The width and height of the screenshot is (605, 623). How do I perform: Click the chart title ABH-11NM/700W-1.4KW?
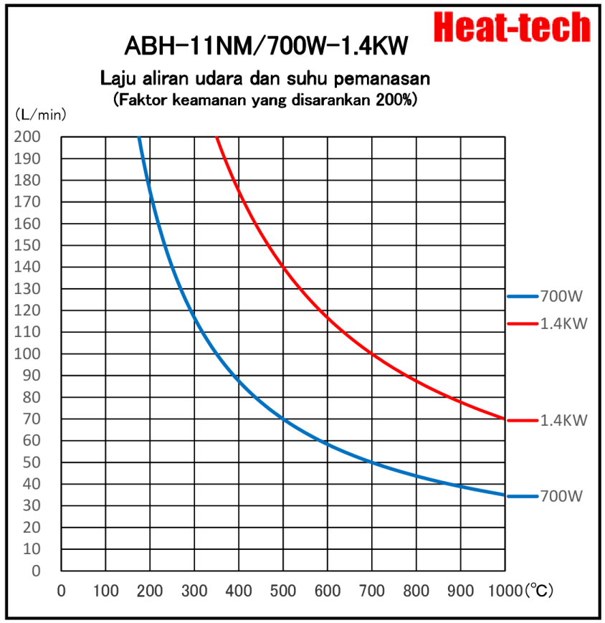point(266,46)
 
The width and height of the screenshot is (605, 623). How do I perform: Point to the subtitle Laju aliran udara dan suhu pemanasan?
point(265,77)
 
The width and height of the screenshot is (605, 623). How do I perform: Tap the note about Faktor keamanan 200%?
point(265,100)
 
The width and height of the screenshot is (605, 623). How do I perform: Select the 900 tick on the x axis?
point(460,591)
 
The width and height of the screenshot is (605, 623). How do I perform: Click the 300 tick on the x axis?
point(194,591)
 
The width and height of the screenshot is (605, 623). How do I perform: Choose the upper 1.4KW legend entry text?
point(564,323)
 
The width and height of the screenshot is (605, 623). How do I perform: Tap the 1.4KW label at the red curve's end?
point(564,421)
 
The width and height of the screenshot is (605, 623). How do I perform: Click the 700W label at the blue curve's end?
point(563,496)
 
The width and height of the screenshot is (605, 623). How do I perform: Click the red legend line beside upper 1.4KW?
point(522,323)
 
